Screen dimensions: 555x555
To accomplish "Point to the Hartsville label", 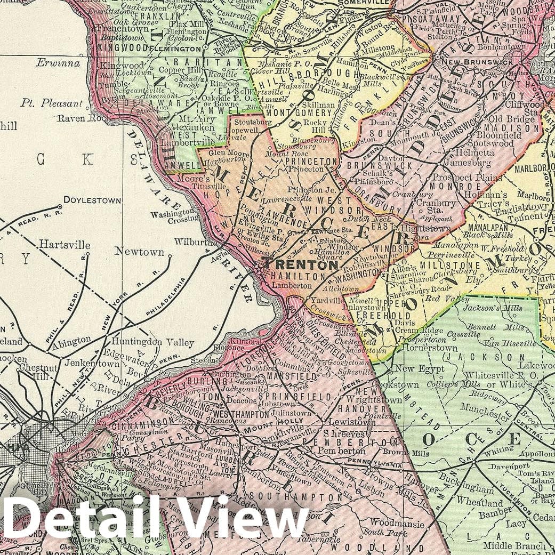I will tap(64, 246).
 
